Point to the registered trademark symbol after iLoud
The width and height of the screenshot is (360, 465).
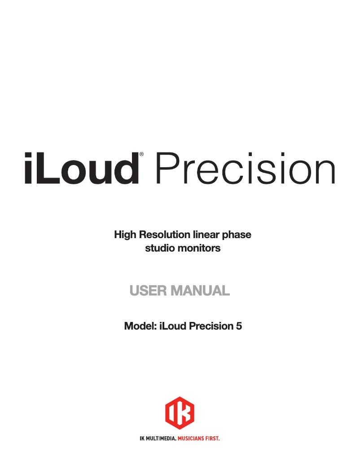pyautogui.click(x=142, y=154)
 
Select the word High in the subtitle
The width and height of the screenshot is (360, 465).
pyautogui.click(x=125, y=235)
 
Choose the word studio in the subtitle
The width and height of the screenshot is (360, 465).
pyautogui.click(x=158, y=248)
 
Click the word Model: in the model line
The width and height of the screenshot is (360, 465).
pyautogui.click(x=140, y=326)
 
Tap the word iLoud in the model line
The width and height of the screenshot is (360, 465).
pyautogui.click(x=173, y=326)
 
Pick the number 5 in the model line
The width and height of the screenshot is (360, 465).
pyautogui.click(x=239, y=326)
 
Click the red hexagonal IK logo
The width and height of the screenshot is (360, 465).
pyautogui.click(x=180, y=413)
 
